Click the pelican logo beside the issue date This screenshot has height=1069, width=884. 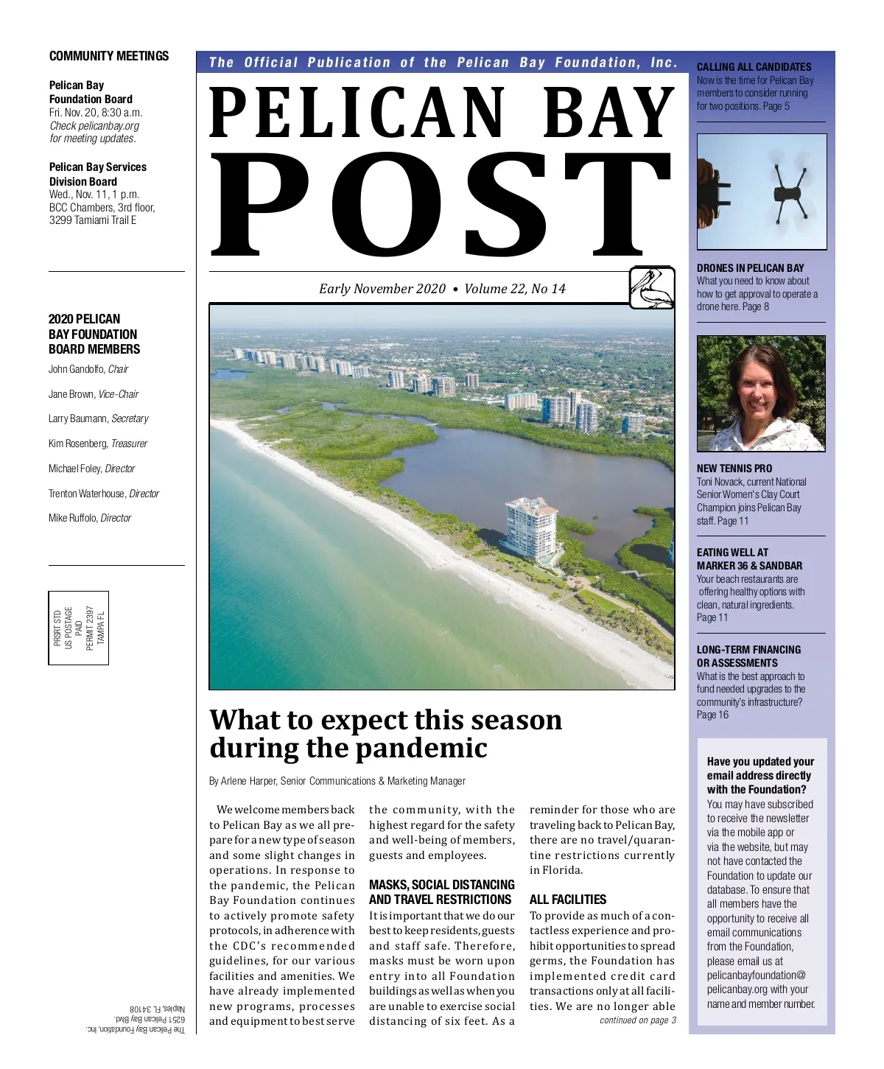click(x=652, y=287)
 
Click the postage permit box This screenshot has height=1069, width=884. click(x=79, y=628)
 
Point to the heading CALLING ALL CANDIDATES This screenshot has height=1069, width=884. click(x=754, y=67)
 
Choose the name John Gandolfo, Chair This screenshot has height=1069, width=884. click(x=88, y=369)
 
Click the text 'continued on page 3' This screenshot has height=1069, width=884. click(x=637, y=1020)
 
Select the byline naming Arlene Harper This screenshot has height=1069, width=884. click(x=337, y=781)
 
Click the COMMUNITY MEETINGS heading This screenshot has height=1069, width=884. click(x=109, y=56)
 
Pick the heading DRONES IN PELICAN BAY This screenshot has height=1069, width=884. click(x=750, y=268)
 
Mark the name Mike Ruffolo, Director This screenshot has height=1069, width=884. click(x=90, y=518)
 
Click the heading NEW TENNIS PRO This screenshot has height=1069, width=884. click(x=734, y=469)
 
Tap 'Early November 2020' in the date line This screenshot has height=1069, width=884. click(x=382, y=289)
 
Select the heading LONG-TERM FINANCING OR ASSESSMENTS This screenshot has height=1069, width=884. click(x=748, y=656)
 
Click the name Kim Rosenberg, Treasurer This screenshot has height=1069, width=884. click(x=98, y=444)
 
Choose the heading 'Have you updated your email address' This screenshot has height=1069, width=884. click(x=760, y=775)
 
